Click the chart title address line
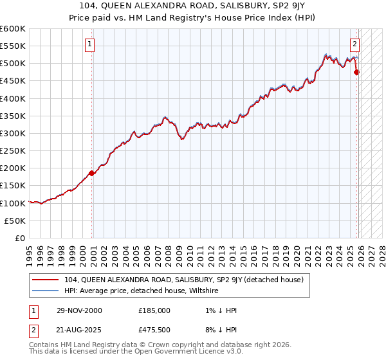pos(193,6)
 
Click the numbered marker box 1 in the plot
pos(89,44)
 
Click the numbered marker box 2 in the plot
pos(354,44)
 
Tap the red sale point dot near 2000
pos(92,173)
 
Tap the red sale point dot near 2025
pos(357,72)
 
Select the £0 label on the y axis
pos(20,238)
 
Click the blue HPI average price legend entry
pos(141,291)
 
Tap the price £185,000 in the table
pos(154,310)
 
